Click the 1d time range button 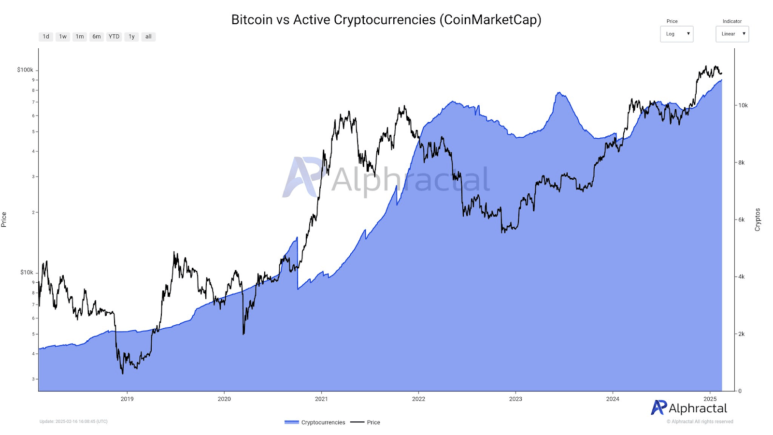tap(46, 37)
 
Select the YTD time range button tap(114, 37)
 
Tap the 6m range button tap(97, 37)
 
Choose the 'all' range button tap(148, 37)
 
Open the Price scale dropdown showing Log tap(676, 34)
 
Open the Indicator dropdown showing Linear tap(732, 34)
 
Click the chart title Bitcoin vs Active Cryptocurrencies tap(386, 20)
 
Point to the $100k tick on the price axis tap(25, 70)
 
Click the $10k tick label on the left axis tap(27, 273)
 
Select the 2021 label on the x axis tap(321, 399)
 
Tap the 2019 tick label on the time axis tap(127, 399)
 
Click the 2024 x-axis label tap(613, 399)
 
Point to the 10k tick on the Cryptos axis tap(743, 105)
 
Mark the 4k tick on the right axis tap(742, 277)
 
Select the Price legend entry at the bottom tap(366, 422)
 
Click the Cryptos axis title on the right tap(758, 219)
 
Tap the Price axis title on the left tap(4, 219)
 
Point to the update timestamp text tap(73, 421)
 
